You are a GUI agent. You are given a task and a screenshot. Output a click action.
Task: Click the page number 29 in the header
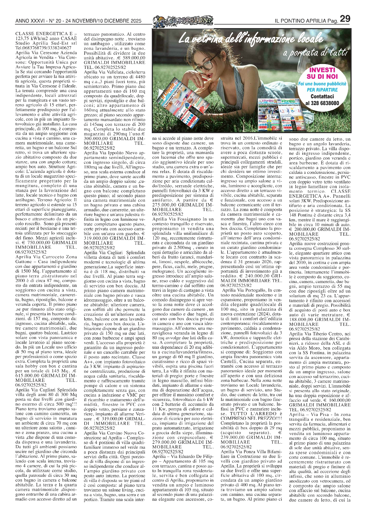point(345,19)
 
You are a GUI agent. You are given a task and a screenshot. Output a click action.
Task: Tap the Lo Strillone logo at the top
point(183,20)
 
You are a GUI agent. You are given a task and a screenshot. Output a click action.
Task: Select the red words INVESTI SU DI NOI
point(322,73)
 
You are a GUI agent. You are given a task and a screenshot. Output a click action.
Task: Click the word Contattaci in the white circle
point(322,96)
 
